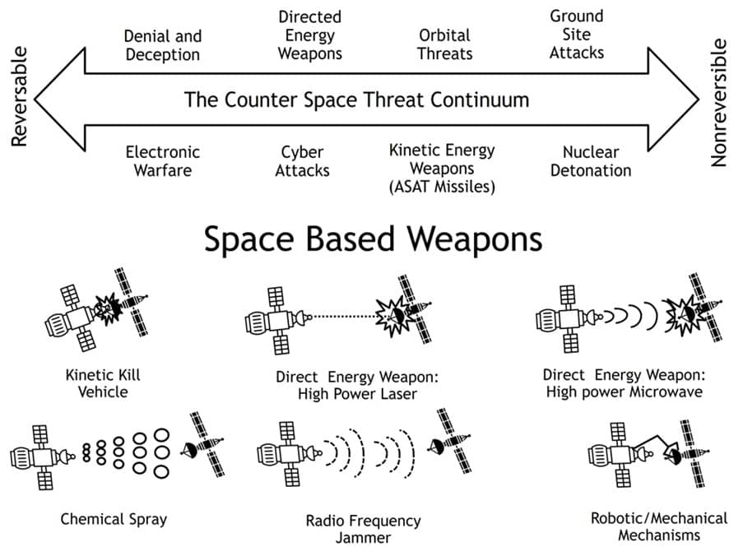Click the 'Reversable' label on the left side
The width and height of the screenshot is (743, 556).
19,98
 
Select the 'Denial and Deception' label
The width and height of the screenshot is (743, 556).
162,45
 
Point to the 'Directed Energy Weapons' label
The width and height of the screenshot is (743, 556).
309,35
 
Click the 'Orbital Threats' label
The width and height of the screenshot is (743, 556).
444,45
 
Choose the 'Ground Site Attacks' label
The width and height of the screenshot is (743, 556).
577,35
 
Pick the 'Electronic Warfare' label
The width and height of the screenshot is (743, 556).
162,161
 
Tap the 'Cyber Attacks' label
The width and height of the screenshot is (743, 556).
302,161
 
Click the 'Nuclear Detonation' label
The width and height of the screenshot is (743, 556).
590,161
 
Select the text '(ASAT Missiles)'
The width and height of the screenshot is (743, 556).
443,187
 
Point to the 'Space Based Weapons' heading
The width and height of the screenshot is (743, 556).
373,239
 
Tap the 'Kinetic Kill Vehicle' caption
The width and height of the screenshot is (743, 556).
103,382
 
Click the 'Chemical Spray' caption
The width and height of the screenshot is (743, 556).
114,519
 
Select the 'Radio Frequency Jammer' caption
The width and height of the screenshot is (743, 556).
363,529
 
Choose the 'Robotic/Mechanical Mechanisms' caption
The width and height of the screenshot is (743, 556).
658,526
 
